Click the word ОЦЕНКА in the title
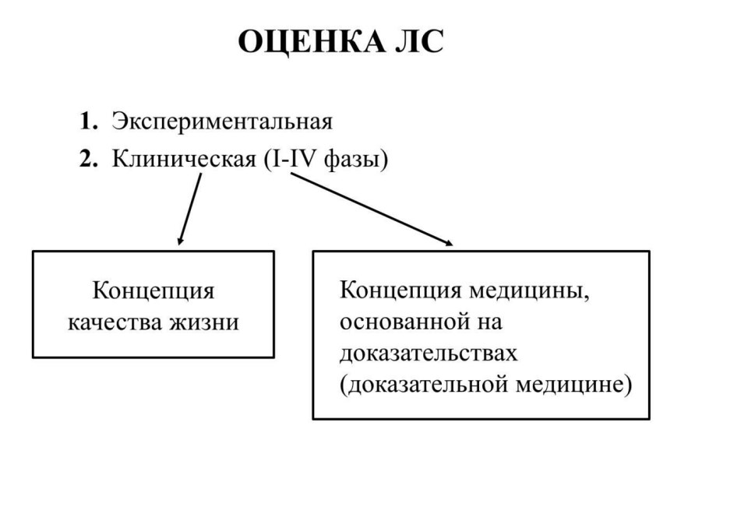coord(311,42)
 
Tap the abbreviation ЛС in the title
coord(419,41)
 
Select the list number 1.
coord(89,121)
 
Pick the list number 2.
coord(89,159)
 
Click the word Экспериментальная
coord(222,122)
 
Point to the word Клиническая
coord(184,160)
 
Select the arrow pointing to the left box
coord(189,209)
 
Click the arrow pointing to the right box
coord(372,209)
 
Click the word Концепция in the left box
coord(153,291)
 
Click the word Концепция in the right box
coord(400,290)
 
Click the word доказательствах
coord(429,354)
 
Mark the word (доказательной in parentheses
coord(424,385)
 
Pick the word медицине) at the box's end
coord(573,385)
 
